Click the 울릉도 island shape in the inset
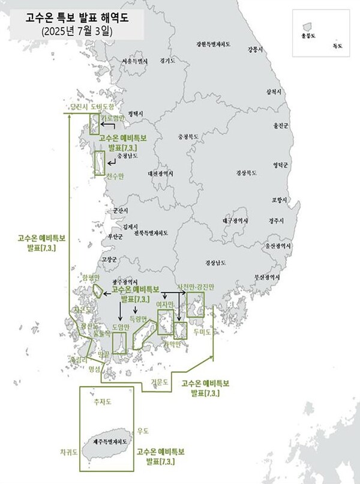coord(307,27)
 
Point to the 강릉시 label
coord(255,50)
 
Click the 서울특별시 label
coord(134,61)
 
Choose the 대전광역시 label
coord(160,174)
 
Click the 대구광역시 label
coord(238,220)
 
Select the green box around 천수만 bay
coord(99,163)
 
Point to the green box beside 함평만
coord(98,290)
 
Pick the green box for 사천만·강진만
coord(195,306)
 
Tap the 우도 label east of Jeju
coord(143,431)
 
